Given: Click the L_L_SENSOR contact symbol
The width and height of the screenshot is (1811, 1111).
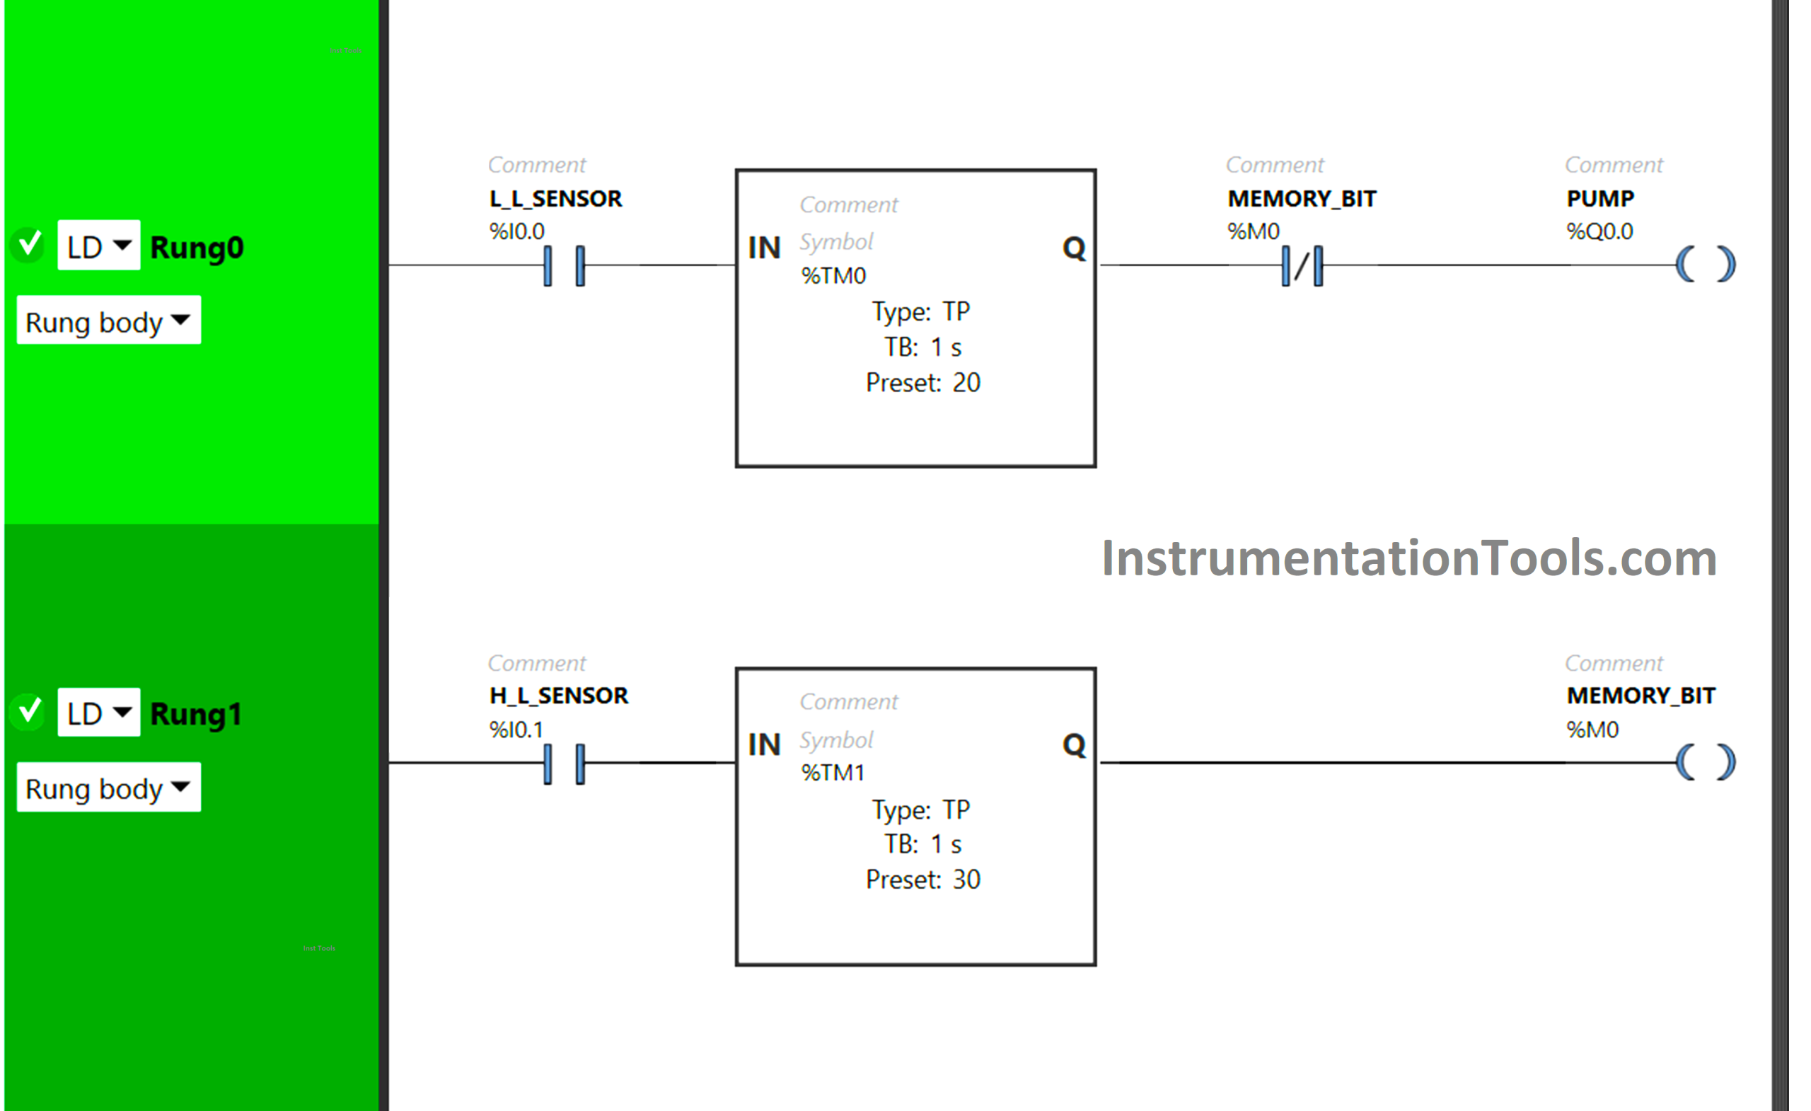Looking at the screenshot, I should pos(564,265).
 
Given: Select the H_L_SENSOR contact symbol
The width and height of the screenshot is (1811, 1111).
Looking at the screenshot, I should pos(564,764).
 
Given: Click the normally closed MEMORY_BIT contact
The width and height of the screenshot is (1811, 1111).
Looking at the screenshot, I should pos(1302,265).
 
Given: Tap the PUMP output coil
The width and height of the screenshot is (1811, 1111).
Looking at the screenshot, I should pos(1705,265).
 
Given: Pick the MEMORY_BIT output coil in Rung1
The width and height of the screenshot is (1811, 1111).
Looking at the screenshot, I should pos(1705,761).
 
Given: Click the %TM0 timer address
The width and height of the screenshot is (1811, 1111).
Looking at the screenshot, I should pos(833,276).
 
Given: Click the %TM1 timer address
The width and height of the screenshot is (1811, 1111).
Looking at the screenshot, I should pos(833,773).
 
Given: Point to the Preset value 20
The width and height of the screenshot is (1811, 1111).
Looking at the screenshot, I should pos(966,383).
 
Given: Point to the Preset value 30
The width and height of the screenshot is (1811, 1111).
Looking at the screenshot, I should pos(966,880).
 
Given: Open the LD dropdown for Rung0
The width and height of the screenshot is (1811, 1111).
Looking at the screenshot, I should pos(98,246).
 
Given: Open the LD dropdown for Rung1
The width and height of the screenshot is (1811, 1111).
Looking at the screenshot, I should pos(98,713).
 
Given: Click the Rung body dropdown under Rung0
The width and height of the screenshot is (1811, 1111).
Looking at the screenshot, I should pos(108,321).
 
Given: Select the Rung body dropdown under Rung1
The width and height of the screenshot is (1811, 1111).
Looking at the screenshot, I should pos(108,788).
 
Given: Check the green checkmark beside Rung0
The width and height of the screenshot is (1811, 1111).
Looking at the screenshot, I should pos(30,243).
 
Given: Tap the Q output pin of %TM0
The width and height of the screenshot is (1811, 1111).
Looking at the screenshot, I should pos(1074,248).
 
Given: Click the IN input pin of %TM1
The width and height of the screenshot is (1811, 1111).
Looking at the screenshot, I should pos(763,745).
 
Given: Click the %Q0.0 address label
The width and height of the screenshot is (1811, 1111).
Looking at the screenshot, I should pos(1599,231).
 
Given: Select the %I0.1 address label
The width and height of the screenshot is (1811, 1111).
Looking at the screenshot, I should pos(516,730).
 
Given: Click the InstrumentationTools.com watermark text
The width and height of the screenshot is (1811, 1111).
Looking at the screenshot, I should pos(1408,559).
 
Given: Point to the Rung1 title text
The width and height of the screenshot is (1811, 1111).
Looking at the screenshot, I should pos(195,714).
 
